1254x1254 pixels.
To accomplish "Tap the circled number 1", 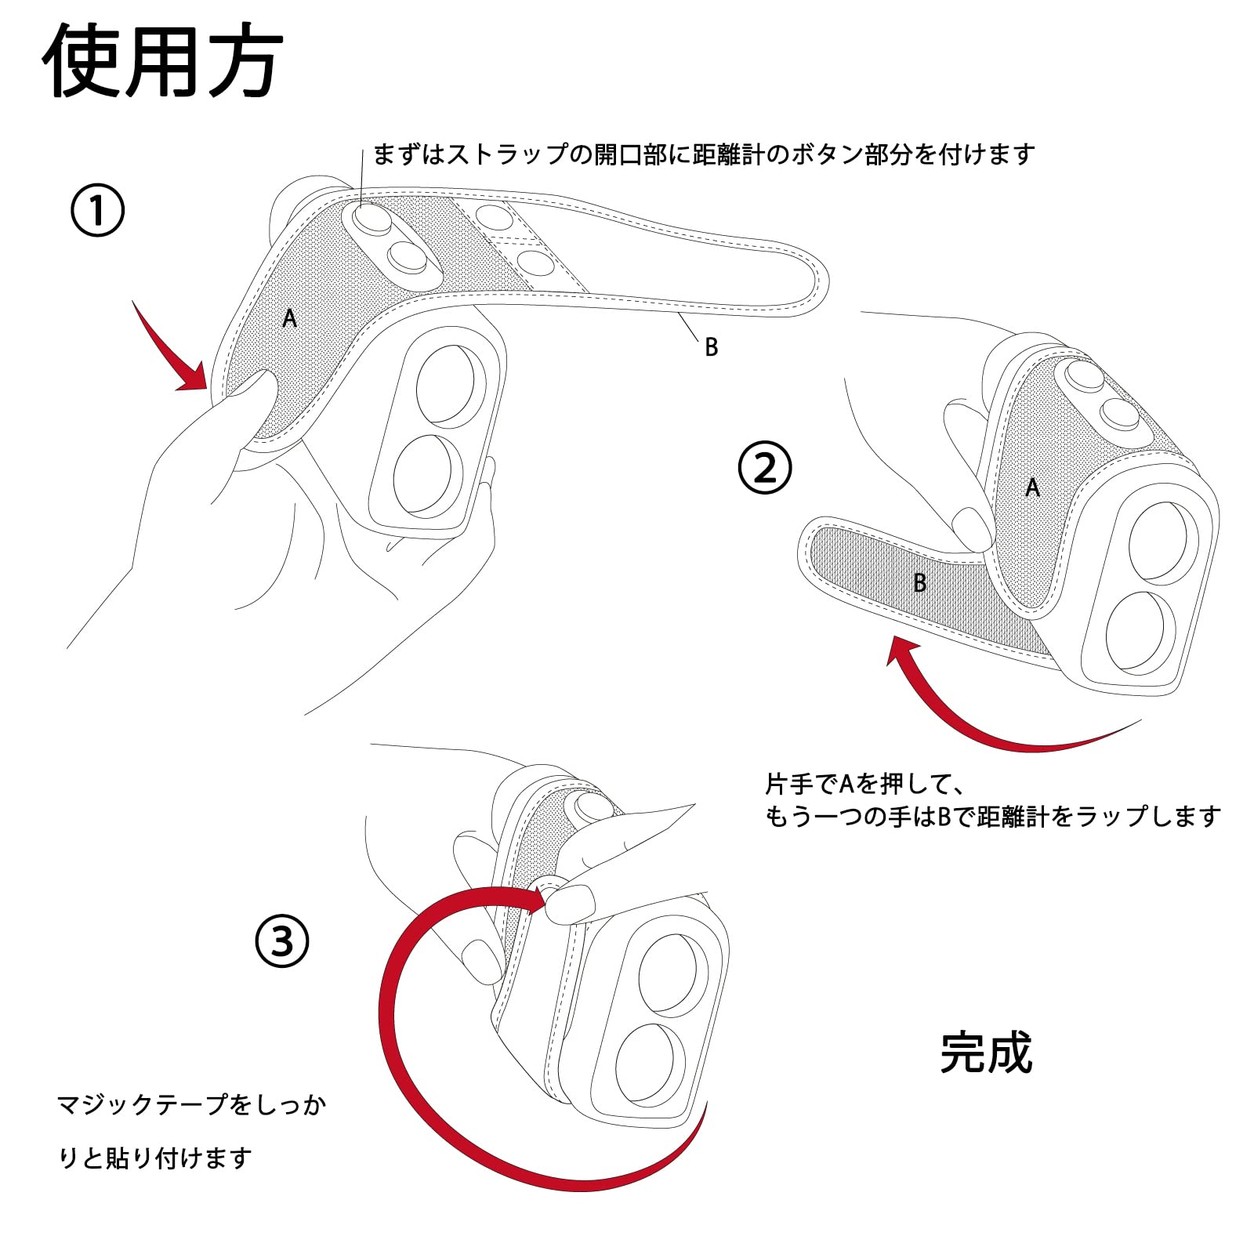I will click(98, 210).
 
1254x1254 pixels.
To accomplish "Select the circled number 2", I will click(765, 468).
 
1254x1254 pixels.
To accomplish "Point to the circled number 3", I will click(282, 941).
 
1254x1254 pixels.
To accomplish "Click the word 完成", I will click(986, 1053).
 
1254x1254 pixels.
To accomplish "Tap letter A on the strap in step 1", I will click(290, 319).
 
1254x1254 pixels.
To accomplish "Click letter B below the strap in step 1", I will click(711, 347).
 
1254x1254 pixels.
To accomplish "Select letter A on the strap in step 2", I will click(1032, 487).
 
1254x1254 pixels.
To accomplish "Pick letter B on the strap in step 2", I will click(920, 582).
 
